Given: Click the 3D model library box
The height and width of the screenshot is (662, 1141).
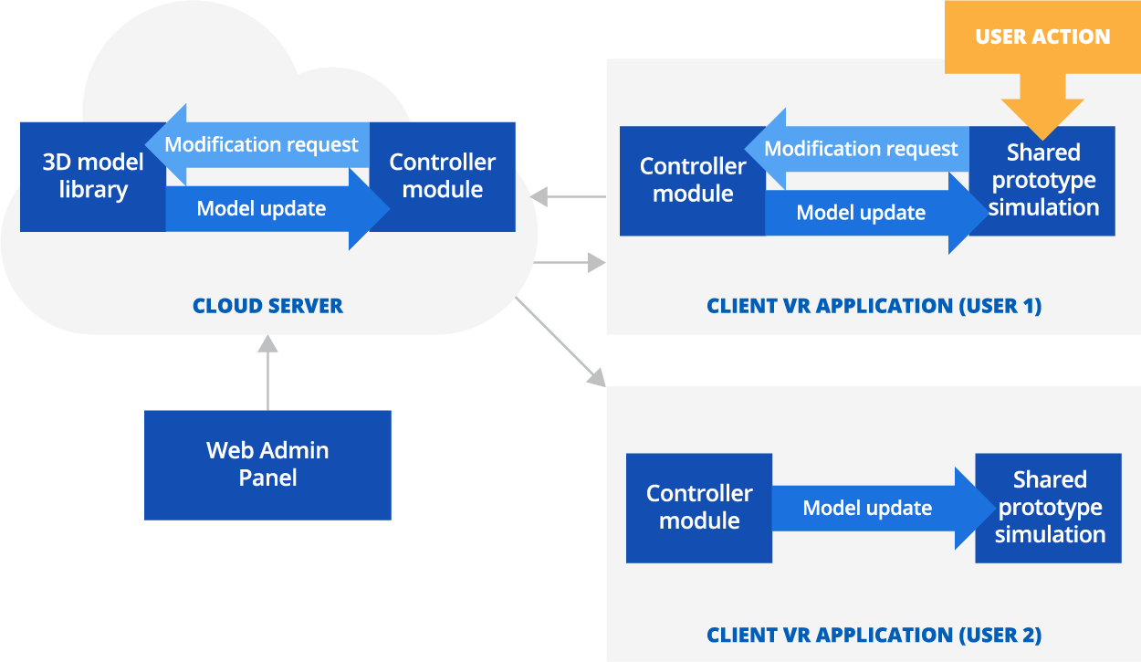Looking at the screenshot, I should [91, 177].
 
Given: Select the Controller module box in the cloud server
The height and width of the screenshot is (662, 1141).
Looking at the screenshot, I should [444, 176].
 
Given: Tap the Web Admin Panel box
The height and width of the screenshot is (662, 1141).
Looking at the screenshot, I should [267, 465].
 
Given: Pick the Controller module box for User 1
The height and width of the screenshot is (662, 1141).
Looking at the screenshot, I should [692, 181].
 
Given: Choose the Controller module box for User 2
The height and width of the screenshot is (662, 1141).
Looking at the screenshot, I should [699, 508].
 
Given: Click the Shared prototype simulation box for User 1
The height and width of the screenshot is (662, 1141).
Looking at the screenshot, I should [1042, 181].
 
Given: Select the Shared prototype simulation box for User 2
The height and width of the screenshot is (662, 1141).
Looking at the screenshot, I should [1049, 508].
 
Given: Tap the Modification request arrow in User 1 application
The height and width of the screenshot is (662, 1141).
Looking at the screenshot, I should [860, 149].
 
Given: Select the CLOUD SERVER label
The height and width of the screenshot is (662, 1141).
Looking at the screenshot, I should [267, 306].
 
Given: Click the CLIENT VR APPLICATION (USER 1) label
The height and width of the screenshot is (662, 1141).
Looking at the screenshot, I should [874, 306].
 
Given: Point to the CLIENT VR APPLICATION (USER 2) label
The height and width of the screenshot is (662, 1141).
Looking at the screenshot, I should [874, 635].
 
